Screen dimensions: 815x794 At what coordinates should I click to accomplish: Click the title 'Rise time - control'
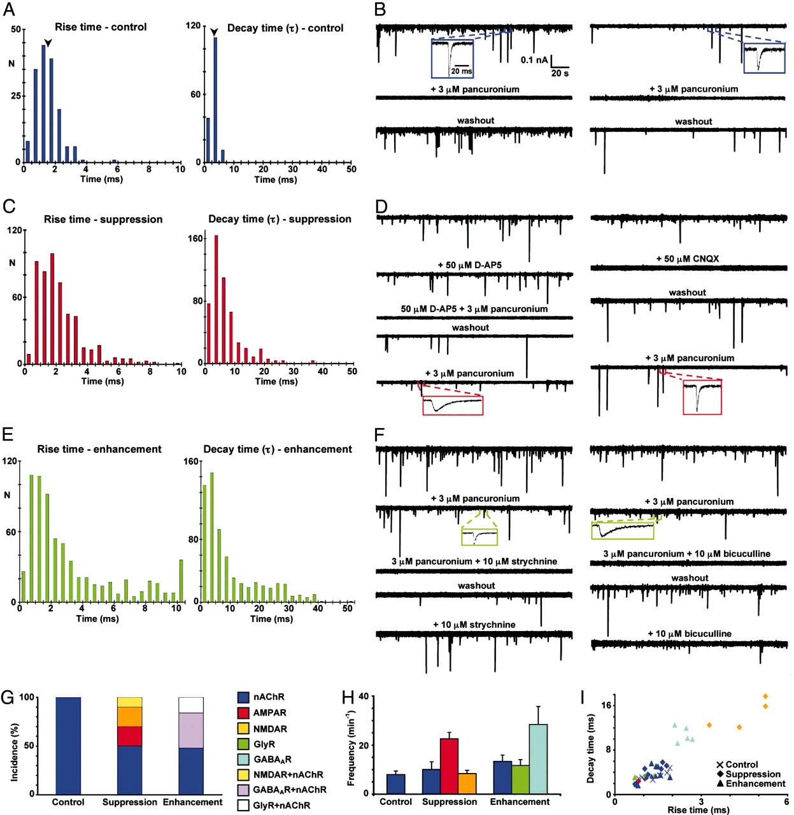tap(101, 27)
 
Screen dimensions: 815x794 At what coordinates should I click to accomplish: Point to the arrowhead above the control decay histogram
tap(215, 31)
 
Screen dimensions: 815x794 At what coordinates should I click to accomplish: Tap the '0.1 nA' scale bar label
tap(534, 60)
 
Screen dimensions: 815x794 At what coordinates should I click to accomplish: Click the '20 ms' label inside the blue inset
tap(462, 71)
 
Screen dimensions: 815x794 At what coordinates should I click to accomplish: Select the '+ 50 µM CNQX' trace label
tap(688, 259)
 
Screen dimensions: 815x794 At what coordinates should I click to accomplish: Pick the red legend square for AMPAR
tap(243, 713)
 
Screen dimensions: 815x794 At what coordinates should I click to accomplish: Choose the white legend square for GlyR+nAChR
tap(243, 805)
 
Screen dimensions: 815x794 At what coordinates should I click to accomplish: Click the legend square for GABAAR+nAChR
tap(243, 790)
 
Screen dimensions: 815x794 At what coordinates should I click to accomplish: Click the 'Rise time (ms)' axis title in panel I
tap(698, 810)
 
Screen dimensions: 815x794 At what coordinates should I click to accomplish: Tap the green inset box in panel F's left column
tap(479, 537)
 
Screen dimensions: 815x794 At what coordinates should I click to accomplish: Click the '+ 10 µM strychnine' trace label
tap(474, 625)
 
